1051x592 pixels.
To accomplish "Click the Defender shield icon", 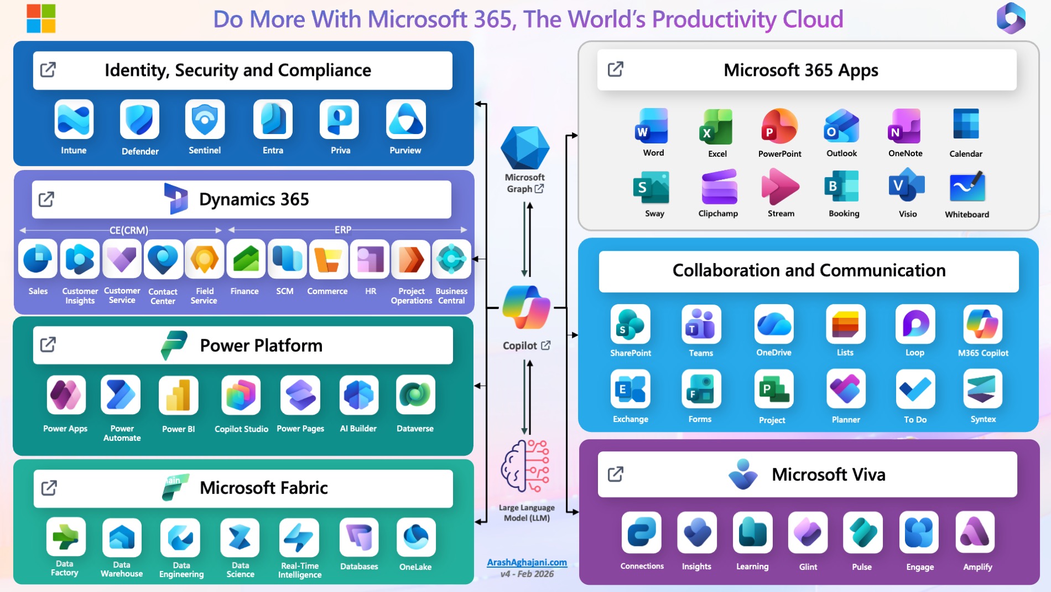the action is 139,120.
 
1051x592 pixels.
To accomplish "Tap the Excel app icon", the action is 716,127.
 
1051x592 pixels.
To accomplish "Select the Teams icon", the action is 701,324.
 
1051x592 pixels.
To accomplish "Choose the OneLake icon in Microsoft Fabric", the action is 415,537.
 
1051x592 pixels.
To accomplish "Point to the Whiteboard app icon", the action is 967,187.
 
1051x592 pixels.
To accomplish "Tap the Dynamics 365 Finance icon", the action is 246,259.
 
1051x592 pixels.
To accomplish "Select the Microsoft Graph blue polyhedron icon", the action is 525,147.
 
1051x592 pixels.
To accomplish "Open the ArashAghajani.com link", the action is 527,562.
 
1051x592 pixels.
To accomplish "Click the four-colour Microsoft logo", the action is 41,18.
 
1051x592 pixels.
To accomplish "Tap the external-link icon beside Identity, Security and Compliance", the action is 48,70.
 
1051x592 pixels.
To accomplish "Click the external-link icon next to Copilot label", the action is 546,345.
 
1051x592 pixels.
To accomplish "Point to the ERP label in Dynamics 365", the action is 343,230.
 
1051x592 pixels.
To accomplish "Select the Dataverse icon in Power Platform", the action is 415,395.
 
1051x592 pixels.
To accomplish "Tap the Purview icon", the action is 405,119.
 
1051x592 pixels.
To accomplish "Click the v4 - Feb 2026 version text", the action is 527,574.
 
